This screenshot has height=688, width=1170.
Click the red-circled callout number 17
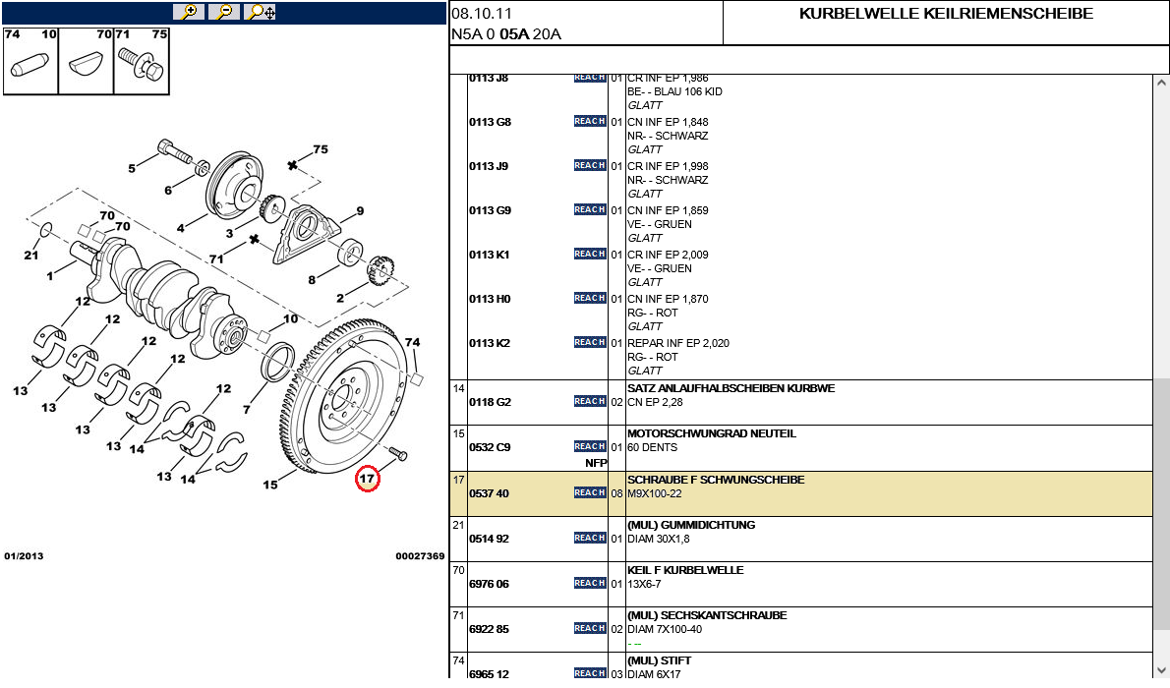coord(368,479)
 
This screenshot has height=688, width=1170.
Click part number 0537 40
coord(489,493)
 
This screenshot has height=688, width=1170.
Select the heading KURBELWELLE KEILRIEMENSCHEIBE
coord(946,14)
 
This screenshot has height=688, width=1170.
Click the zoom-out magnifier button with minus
coord(224,12)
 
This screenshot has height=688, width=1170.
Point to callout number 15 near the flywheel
coord(270,485)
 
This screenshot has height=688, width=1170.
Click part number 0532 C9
coord(489,448)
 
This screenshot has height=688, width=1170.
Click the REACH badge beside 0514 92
coord(590,538)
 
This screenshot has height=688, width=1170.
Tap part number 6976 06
coord(489,584)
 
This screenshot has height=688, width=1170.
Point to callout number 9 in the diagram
coord(360,210)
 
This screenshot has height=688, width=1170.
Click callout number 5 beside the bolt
coord(132,168)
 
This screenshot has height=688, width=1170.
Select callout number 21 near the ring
coord(30,256)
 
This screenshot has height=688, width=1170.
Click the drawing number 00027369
coord(420,556)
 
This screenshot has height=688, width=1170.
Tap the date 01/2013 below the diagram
coord(24,556)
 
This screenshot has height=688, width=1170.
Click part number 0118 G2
coord(489,403)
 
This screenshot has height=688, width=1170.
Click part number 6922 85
coord(489,629)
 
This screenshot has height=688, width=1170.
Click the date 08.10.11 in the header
coord(482,14)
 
